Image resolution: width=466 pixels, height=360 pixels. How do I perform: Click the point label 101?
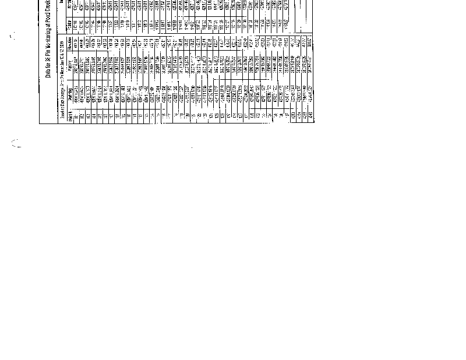tap(68, 115)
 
